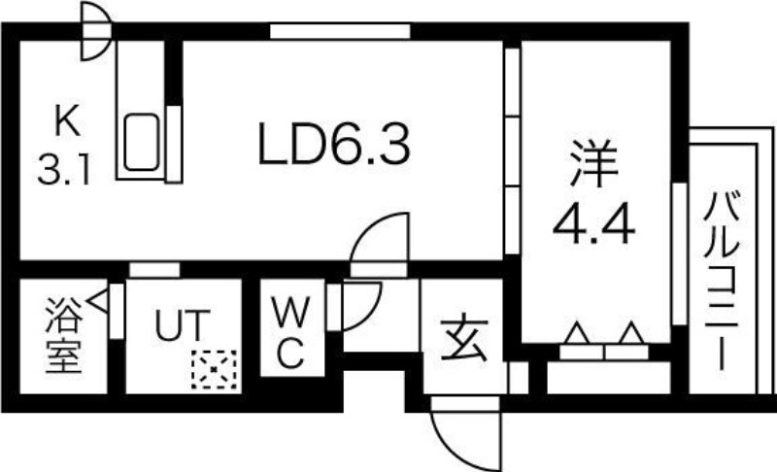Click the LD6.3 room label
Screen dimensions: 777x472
(x=334, y=145)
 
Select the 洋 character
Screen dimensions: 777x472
(x=594, y=163)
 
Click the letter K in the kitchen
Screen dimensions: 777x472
(x=67, y=121)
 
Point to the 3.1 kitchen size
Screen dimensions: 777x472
(x=65, y=169)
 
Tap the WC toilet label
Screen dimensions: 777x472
(x=290, y=332)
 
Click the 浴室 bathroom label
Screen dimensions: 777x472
(x=64, y=335)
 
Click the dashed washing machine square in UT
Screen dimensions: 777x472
(x=214, y=369)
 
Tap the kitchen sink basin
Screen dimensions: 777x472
(x=141, y=142)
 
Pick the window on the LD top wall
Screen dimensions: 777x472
(x=340, y=31)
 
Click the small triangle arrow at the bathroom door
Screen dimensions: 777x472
(x=98, y=301)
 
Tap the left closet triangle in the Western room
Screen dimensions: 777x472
(x=577, y=333)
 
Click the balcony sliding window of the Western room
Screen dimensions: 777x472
(x=679, y=254)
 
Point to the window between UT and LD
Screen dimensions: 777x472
(x=154, y=270)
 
